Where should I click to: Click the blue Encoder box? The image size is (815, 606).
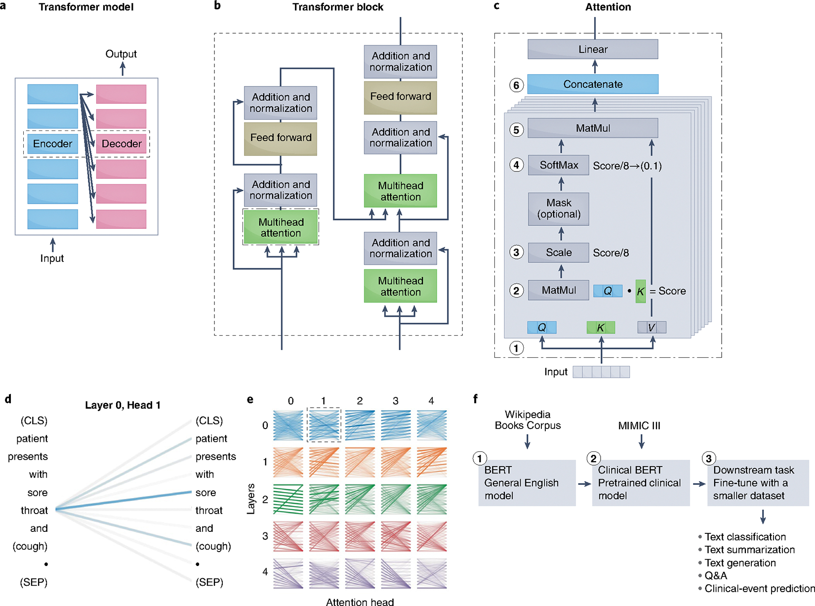coord(52,144)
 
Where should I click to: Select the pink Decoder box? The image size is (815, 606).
coord(121,144)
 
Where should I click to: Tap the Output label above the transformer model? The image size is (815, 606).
coord(121,54)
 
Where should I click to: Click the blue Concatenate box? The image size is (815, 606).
coord(593,84)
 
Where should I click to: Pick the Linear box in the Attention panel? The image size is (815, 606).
coord(593,49)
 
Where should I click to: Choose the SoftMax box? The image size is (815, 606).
coord(559,165)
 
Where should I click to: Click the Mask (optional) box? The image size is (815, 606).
coord(559,209)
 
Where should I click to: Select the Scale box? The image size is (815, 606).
coord(559,253)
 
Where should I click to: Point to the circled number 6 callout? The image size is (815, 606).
coord(516,85)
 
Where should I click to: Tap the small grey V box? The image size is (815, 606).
coord(652,327)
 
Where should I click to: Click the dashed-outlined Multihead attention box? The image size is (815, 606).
coord(281,227)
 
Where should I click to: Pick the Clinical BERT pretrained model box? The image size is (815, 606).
coord(640,483)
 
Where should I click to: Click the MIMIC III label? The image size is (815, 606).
coord(639,426)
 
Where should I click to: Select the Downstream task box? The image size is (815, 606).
coord(757,483)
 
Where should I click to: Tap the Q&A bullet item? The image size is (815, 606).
coord(716,575)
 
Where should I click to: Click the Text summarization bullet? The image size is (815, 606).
coord(749,550)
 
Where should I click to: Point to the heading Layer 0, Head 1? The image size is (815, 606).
coord(122,405)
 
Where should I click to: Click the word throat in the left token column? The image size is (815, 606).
coord(35,510)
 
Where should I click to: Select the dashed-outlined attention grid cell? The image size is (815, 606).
coord(324,425)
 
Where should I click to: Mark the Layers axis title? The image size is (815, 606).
coord(251,499)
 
